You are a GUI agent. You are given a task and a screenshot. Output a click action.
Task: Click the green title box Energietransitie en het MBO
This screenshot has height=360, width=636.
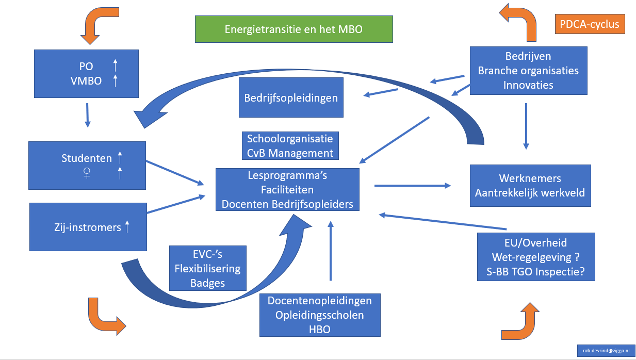click(x=293, y=29)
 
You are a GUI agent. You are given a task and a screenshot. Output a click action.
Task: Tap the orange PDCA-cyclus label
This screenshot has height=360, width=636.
click(x=590, y=24)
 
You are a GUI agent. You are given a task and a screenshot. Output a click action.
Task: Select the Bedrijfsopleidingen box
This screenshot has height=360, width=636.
click(x=291, y=97)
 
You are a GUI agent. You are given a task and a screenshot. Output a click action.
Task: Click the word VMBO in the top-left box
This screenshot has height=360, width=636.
click(x=86, y=80)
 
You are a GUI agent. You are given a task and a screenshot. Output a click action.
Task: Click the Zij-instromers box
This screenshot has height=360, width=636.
click(x=88, y=227)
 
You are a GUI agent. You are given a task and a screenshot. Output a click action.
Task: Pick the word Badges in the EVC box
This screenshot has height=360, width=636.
click(x=207, y=283)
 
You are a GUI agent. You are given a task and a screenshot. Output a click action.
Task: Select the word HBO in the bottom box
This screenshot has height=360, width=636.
click(x=320, y=329)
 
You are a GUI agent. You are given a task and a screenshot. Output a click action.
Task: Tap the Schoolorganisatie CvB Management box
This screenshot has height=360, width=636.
click(x=290, y=146)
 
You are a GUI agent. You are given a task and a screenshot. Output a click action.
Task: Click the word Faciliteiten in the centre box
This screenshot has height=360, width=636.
click(x=287, y=190)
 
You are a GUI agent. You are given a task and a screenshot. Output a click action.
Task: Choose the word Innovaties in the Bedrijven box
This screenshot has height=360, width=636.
click(x=528, y=85)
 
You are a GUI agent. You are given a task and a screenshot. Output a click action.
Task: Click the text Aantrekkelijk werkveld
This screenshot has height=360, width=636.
click(x=530, y=193)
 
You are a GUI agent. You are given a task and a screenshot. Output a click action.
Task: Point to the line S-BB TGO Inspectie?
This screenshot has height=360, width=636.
click(x=535, y=272)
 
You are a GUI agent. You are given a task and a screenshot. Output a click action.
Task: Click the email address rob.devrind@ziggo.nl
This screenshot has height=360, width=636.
click(x=606, y=350)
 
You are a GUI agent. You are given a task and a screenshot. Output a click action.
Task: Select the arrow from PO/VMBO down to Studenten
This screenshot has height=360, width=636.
click(x=87, y=115)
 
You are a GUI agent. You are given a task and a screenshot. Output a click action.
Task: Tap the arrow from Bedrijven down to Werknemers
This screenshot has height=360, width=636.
click(x=526, y=126)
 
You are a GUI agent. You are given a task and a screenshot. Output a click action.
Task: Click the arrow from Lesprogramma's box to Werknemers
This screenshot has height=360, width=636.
click(x=413, y=185)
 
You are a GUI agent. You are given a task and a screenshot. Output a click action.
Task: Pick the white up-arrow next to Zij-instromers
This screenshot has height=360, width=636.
click(x=127, y=226)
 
